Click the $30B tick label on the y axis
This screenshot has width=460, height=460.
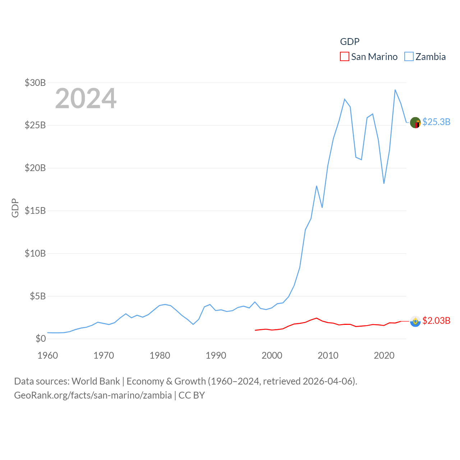(35, 83)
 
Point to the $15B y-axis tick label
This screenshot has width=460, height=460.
(35, 211)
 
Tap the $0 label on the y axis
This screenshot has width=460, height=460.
(41, 339)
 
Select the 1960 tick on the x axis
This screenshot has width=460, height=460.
(48, 355)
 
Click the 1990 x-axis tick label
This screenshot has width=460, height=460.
(216, 355)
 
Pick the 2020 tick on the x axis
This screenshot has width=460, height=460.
(384, 355)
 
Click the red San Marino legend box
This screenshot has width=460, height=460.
(345, 57)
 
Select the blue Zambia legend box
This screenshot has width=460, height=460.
(409, 57)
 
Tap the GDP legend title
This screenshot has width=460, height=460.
(350, 42)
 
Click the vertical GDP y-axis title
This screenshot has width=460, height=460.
(15, 208)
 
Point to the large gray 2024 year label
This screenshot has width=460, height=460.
(86, 98)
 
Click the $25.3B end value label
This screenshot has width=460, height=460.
(436, 122)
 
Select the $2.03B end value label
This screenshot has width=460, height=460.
(436, 321)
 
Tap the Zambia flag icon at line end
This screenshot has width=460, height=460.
(415, 123)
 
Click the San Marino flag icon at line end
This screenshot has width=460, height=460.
(415, 321)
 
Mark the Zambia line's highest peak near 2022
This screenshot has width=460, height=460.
(395, 90)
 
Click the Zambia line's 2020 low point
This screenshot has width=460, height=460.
(384, 183)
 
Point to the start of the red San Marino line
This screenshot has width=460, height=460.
(255, 330)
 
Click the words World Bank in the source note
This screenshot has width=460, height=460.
(96, 381)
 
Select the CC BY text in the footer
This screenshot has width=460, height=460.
(192, 395)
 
